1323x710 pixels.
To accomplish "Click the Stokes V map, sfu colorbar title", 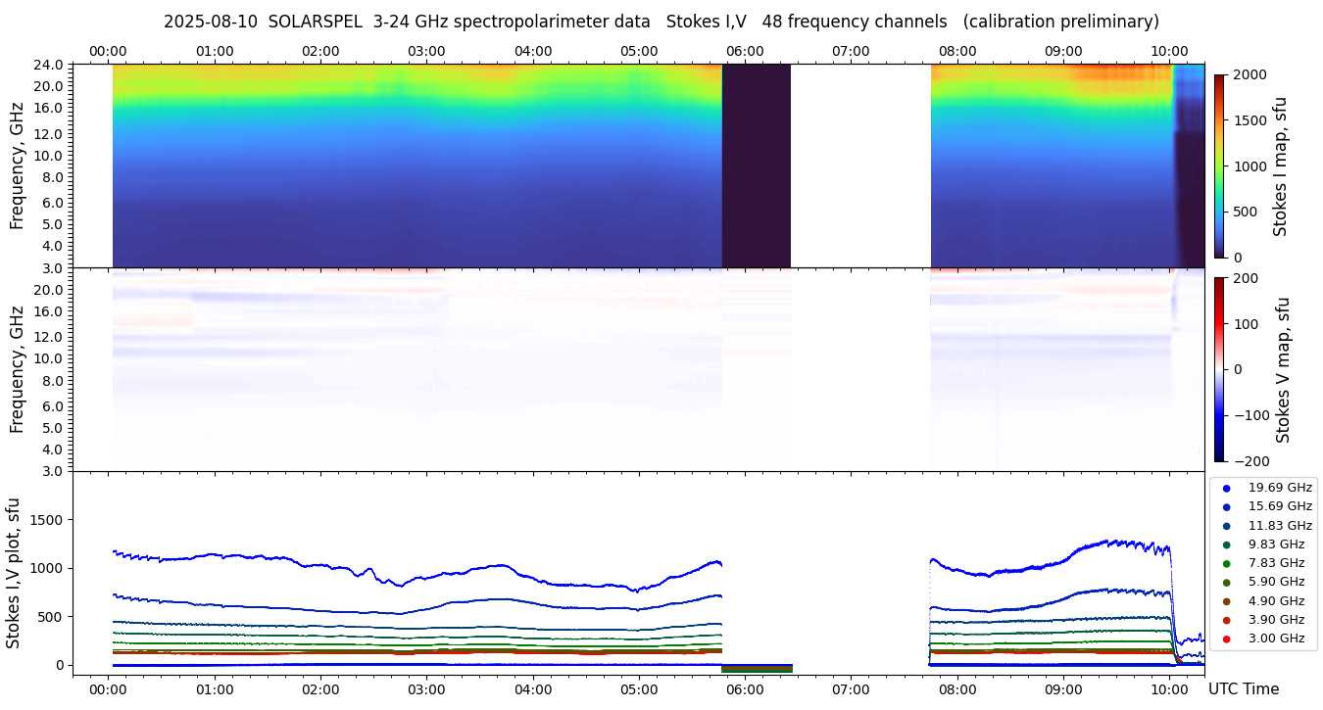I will pyautogui.click(x=1283, y=369).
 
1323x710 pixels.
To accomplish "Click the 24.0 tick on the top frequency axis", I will pyautogui.click(x=50, y=65).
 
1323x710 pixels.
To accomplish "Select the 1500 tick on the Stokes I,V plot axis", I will pyautogui.click(x=47, y=520).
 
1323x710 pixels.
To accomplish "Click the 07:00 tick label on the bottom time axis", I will pyautogui.click(x=851, y=688).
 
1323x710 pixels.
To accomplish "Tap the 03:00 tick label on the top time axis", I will pyautogui.click(x=426, y=51).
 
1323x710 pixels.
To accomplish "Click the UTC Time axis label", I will pyautogui.click(x=1243, y=688).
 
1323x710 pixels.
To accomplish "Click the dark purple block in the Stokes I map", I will pyautogui.click(x=757, y=166).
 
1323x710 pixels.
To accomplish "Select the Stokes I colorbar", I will pyautogui.click(x=1219, y=166).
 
